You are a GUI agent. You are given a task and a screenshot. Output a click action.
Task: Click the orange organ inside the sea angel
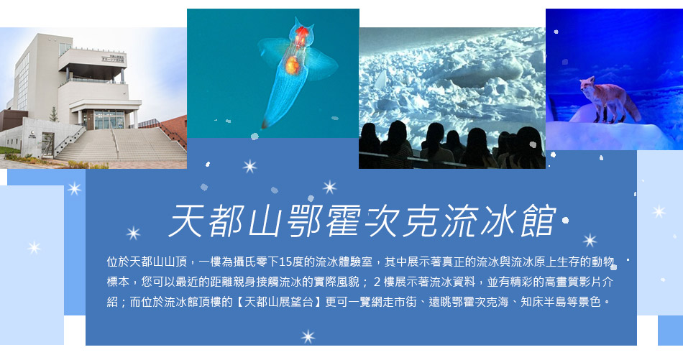click(x=292, y=65)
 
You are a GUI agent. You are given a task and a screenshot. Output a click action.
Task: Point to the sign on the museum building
click(x=114, y=58)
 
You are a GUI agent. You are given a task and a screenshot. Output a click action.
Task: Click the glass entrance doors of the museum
click(x=109, y=120)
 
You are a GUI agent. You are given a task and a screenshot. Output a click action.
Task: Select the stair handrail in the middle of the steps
click(x=116, y=144)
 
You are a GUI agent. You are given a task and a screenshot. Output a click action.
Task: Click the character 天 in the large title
click(x=185, y=221)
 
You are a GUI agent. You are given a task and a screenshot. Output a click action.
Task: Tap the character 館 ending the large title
click(x=538, y=221)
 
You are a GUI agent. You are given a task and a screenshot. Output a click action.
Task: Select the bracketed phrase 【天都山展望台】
click(x=278, y=302)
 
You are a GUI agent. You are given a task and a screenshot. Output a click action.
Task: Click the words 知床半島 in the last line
click(x=544, y=302)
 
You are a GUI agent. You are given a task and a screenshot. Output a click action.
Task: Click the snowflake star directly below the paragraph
click(x=308, y=336)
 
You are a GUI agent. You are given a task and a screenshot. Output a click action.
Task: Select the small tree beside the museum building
click(x=54, y=114)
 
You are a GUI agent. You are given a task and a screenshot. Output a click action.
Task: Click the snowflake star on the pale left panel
click(x=34, y=248)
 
